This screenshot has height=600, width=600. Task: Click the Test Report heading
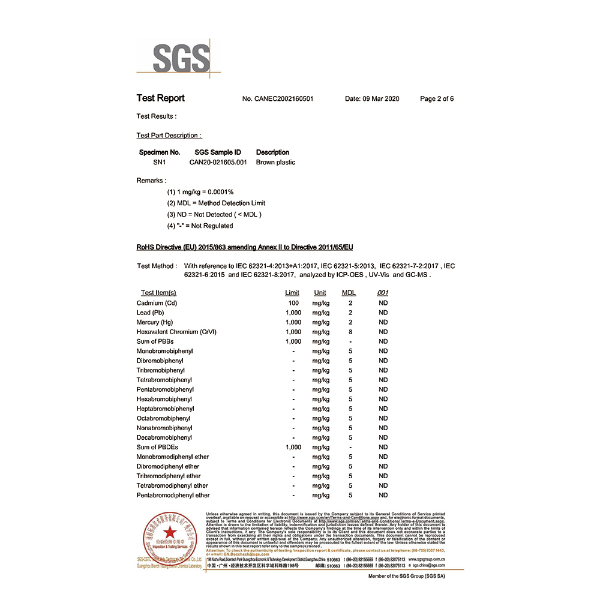[x=160, y=98]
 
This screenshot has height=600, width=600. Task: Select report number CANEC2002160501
[x=278, y=99]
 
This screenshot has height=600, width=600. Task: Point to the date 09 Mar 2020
[x=372, y=99]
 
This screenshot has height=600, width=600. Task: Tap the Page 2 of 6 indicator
[x=437, y=99]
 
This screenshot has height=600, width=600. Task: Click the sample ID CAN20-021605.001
[x=218, y=162]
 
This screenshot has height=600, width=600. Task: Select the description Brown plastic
[x=275, y=162]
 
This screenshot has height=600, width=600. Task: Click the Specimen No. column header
[x=160, y=152]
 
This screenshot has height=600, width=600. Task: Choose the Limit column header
[x=292, y=293]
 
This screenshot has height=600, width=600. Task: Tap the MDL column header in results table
[x=349, y=293]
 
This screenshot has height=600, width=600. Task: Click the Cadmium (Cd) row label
[x=157, y=303]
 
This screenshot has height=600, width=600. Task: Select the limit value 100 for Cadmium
[x=293, y=303]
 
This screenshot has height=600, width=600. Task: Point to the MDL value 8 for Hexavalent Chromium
[x=350, y=332]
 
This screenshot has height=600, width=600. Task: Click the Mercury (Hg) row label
[x=155, y=322]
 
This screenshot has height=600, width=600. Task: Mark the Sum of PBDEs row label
[x=157, y=447]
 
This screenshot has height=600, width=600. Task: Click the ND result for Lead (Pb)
[x=383, y=313]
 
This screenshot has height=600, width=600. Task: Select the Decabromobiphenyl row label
[x=164, y=437]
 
